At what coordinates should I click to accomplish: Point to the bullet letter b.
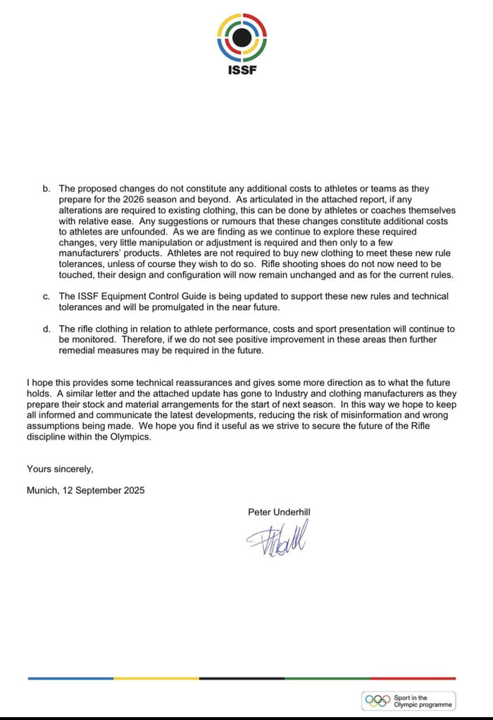(x=47, y=190)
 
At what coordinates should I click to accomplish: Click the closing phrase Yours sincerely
(x=60, y=468)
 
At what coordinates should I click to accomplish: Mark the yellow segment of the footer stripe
(x=156, y=678)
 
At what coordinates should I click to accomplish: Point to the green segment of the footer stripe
(x=327, y=678)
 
